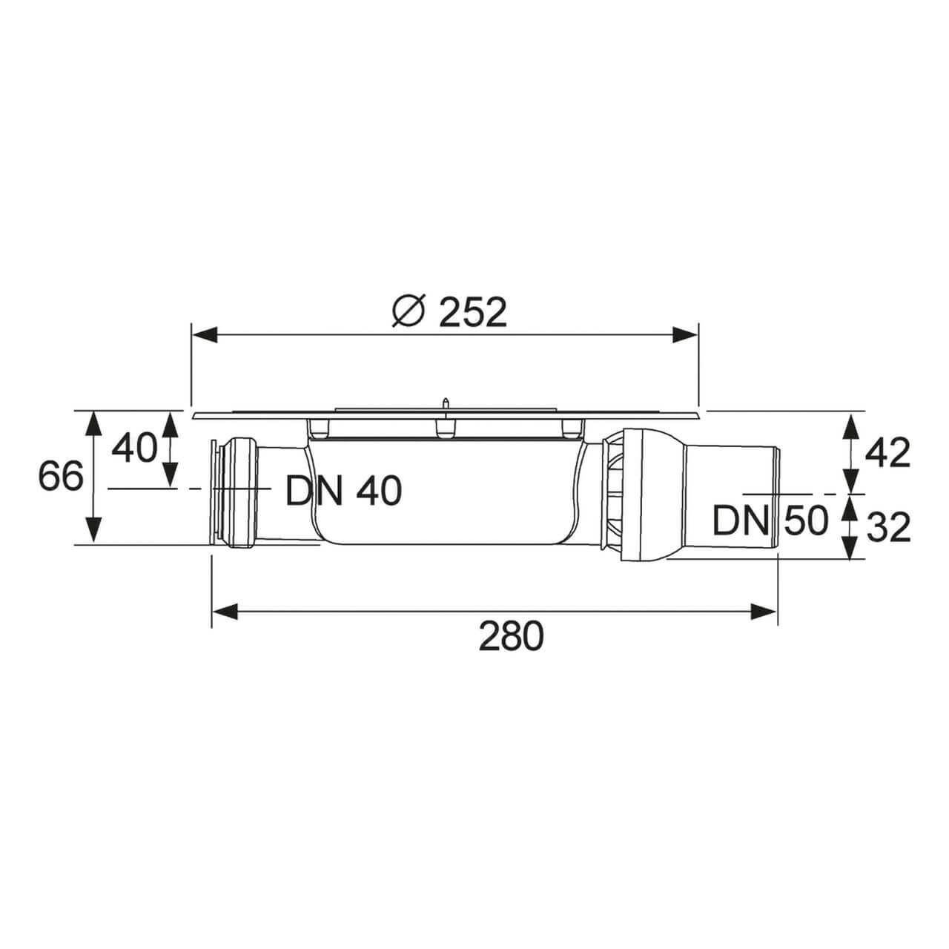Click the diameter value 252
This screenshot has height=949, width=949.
click(473, 312)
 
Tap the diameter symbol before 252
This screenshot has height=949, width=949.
click(408, 312)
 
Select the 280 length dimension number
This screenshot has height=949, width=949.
click(511, 636)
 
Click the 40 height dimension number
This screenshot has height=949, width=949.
click(134, 449)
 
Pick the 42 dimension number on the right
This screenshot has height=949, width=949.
click(888, 453)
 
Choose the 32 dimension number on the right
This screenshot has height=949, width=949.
click(888, 527)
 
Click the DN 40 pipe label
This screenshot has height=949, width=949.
click(344, 491)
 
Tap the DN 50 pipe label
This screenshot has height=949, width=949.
click(770, 521)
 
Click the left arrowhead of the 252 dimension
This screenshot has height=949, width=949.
click(204, 335)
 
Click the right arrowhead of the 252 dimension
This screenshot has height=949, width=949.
click(685, 335)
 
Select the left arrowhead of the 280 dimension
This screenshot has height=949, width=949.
click(225, 612)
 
